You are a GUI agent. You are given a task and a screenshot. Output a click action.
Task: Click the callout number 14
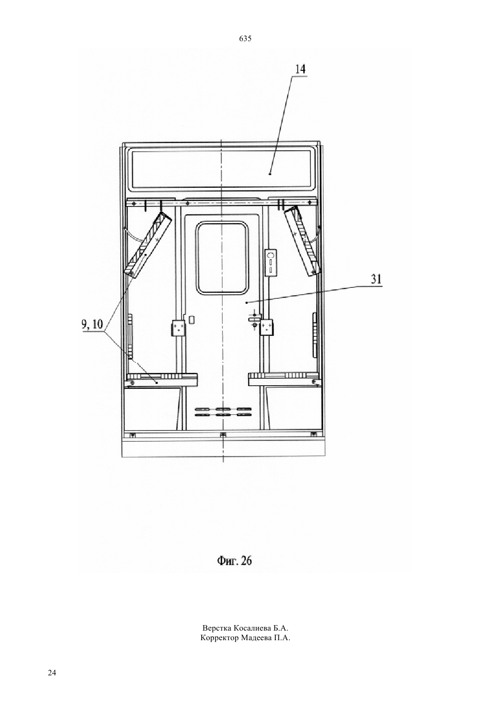300,69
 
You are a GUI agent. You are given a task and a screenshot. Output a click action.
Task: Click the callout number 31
376,279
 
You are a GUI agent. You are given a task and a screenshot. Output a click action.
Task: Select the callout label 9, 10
92,324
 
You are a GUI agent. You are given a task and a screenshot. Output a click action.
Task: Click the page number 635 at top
245,39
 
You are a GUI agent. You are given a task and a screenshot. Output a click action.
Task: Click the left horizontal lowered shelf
161,380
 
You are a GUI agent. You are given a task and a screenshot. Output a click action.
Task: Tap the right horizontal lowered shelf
285,379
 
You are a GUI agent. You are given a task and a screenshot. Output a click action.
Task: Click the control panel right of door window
271,263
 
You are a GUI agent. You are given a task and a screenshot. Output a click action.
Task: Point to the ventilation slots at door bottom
223,412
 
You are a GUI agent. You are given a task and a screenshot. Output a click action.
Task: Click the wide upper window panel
221,169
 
